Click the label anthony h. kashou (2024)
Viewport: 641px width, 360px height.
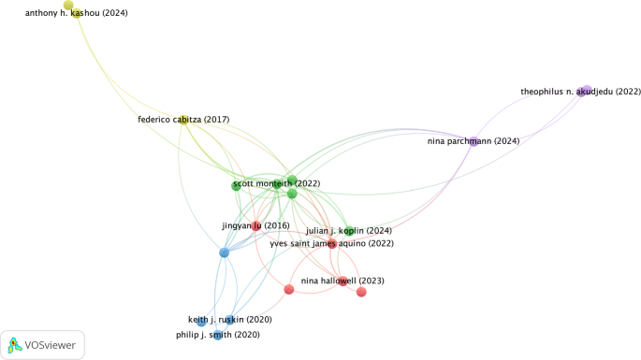pyautogui.click(x=76, y=14)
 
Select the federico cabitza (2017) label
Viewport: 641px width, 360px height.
pyautogui.click(x=183, y=120)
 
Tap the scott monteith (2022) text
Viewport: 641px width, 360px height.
pyautogui.click(x=276, y=184)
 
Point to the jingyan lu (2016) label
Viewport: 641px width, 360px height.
pyautogui.click(x=255, y=225)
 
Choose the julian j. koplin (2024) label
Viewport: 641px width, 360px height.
pyautogui.click(x=348, y=231)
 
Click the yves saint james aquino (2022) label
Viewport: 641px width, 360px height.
pyautogui.click(x=331, y=244)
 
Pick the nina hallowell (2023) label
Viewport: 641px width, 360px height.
pyautogui.click(x=342, y=281)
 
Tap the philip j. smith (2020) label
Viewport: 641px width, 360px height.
pyautogui.click(x=218, y=335)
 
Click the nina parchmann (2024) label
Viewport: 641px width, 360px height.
pyautogui.click(x=473, y=141)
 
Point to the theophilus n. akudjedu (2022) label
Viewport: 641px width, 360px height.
pyautogui.click(x=580, y=92)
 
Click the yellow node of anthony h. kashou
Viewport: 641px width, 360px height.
pyautogui.click(x=68, y=6)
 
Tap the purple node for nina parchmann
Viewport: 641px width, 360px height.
pyautogui.click(x=473, y=141)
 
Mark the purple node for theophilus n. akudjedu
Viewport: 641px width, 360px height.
pyautogui.click(x=586, y=90)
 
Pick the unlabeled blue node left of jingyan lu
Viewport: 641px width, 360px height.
pyautogui.click(x=224, y=252)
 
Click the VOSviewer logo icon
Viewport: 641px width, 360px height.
pyautogui.click(x=16, y=344)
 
